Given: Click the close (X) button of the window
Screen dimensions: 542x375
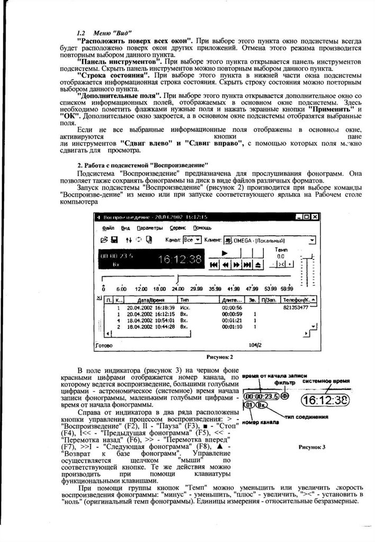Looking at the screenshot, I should (x=315, y=216).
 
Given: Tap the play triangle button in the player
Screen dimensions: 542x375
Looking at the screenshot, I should (x=225, y=252).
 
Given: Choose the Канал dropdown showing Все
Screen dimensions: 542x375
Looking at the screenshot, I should (x=192, y=240).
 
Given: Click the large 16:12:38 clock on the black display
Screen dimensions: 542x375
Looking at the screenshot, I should (x=180, y=259).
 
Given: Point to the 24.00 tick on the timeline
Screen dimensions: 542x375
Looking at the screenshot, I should (x=178, y=288).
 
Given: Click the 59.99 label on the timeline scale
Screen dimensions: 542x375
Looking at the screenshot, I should (x=287, y=288).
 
